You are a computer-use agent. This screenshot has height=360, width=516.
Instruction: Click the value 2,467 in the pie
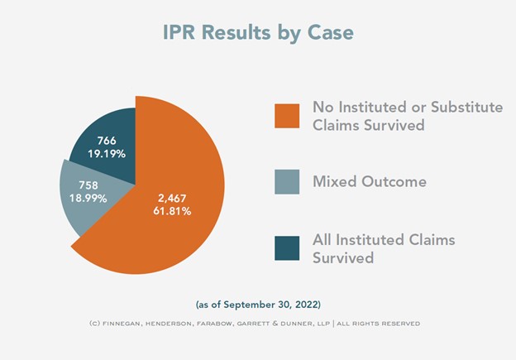point(172,199)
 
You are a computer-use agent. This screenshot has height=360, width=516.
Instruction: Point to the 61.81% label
point(172,211)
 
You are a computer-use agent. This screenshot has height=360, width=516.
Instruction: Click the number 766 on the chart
point(107,141)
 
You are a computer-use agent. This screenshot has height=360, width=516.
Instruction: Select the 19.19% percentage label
point(107,153)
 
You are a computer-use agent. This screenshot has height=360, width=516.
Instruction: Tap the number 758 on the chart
point(88,185)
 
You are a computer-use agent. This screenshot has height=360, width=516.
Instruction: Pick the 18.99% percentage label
point(88,199)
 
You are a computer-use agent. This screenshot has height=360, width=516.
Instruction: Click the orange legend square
point(287,116)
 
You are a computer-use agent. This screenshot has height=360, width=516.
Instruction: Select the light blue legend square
point(287,182)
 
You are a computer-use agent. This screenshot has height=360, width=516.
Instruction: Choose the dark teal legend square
point(287,248)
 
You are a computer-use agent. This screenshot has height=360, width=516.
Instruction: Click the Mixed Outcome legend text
point(370,181)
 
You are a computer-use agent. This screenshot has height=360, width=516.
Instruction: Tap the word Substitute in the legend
point(467,107)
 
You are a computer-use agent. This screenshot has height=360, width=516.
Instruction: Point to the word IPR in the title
point(179,32)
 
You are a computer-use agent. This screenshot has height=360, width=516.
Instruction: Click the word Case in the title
point(331,32)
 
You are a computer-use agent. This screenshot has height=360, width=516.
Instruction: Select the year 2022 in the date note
point(306,305)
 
